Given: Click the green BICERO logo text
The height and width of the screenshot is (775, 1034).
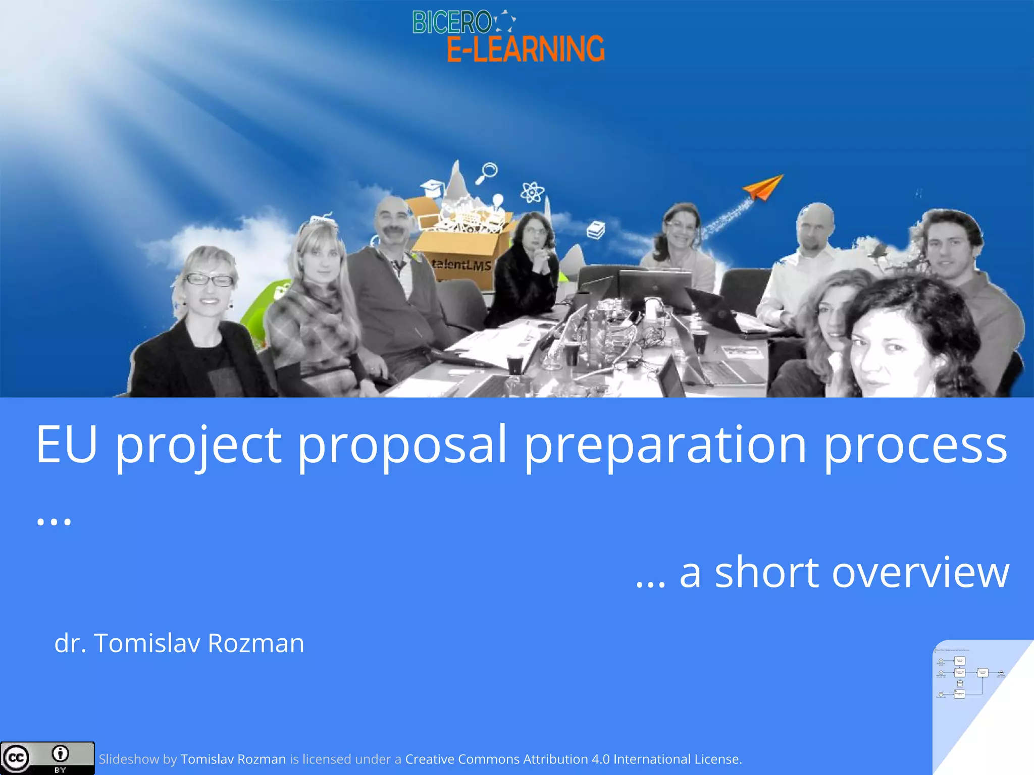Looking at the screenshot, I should [451, 23].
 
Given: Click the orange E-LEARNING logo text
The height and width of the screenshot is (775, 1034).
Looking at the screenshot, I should [525, 49].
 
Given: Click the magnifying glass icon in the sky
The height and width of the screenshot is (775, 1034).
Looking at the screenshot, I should [487, 173].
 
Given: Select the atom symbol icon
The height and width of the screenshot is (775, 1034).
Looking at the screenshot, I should [532, 192].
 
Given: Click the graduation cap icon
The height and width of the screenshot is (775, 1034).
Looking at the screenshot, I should [433, 188].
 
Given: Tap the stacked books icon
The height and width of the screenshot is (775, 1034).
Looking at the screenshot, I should [596, 230].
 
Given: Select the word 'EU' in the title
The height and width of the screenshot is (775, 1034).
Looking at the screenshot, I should [66, 444].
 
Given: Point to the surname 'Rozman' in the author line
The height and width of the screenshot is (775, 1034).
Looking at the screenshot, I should [256, 643].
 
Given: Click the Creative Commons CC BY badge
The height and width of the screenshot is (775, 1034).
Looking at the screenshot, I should [47, 758].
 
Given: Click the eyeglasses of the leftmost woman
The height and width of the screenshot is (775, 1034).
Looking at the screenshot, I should [210, 279].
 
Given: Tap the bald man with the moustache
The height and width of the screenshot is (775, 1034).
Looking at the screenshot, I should [392, 222].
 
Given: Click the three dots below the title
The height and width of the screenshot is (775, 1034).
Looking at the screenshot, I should [54, 521].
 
